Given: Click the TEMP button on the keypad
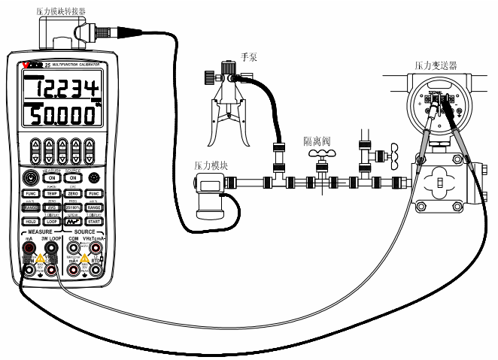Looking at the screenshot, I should (52, 194).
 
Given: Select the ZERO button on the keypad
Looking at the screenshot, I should (73, 194).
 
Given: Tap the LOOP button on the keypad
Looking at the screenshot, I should (52, 222).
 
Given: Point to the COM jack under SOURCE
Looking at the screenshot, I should (73, 248).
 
